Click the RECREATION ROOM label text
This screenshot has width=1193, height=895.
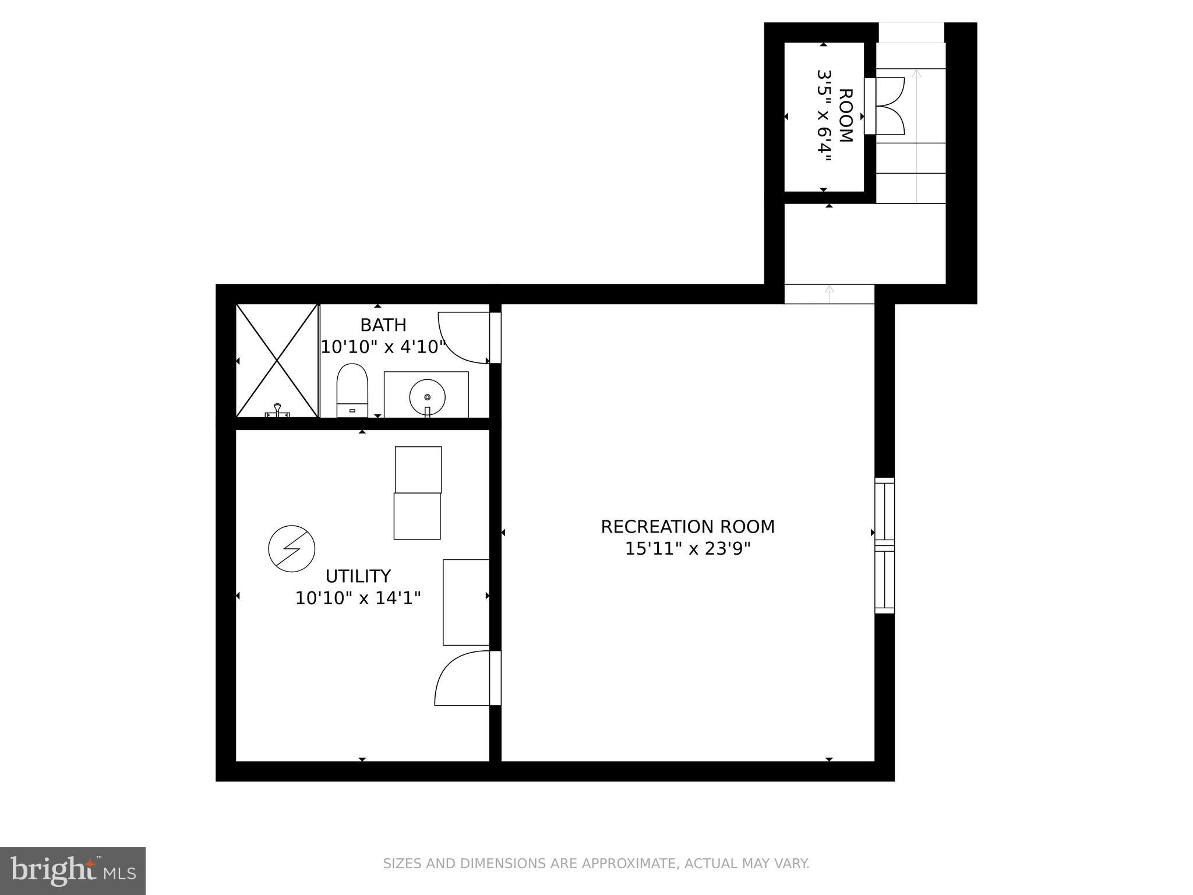pyautogui.click(x=687, y=527)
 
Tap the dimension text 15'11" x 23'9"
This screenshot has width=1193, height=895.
pyautogui.click(x=687, y=549)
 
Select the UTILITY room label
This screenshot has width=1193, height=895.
pyautogui.click(x=358, y=576)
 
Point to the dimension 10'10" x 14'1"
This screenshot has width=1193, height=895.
pyautogui.click(x=358, y=598)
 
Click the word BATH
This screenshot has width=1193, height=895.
pyautogui.click(x=383, y=325)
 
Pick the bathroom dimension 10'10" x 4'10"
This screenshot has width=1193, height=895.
pyautogui.click(x=383, y=347)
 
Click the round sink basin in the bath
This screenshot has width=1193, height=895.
pyautogui.click(x=427, y=397)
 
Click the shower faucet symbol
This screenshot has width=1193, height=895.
pyautogui.click(x=277, y=410)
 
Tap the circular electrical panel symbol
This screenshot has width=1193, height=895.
pyautogui.click(x=291, y=548)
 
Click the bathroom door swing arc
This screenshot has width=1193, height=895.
pyautogui.click(x=460, y=338)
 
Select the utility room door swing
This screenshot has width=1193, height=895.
pyautogui.click(x=460, y=678)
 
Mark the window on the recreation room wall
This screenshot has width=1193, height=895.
pyautogui.click(x=884, y=545)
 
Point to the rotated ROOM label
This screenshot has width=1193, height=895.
pyautogui.click(x=845, y=116)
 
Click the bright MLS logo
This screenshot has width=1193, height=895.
pyautogui.click(x=72, y=871)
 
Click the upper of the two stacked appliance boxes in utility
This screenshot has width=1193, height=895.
pyautogui.click(x=418, y=470)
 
